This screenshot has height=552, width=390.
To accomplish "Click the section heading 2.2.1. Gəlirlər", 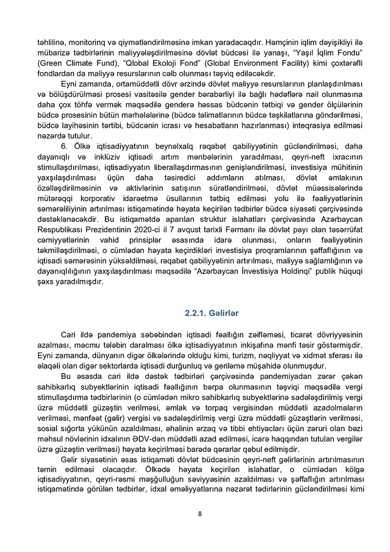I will pyautogui.click(x=212, y=313).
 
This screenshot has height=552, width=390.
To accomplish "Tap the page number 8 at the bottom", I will pyautogui.click(x=200, y=513).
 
